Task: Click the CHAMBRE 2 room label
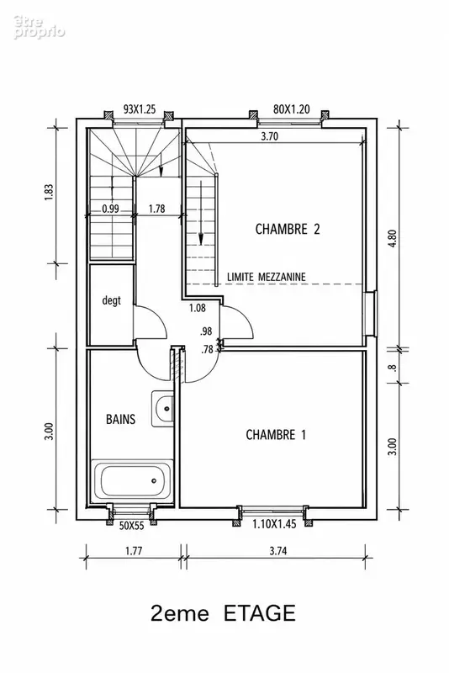288,229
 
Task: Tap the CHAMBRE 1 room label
276,435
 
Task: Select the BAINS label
120,419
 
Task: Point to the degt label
112,300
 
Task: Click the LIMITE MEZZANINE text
267,277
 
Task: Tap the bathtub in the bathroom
132,480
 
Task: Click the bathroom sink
162,408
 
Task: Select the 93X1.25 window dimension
140,109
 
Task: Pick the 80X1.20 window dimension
292,109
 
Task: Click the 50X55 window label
132,525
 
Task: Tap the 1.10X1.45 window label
274,524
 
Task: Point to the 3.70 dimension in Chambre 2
270,136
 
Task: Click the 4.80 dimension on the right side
394,238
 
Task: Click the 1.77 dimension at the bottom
134,551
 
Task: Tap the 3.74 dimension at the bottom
278,551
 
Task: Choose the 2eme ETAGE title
223,613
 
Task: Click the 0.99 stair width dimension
111,209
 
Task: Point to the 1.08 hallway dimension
198,308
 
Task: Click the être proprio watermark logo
39,27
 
